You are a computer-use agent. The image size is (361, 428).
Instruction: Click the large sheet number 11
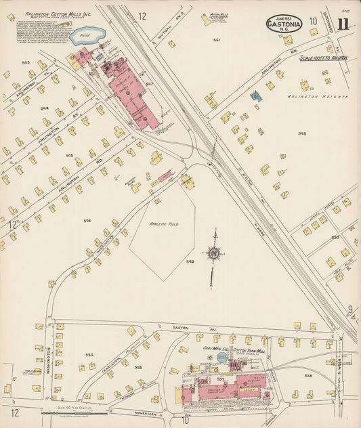(344, 24)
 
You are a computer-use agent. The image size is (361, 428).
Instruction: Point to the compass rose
(213, 254)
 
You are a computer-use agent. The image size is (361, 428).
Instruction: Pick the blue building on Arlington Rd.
(256, 96)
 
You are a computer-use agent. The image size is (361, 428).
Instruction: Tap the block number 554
(89, 354)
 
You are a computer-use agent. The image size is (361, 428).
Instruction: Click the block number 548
(302, 133)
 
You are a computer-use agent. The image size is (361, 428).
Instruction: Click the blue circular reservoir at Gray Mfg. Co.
(220, 358)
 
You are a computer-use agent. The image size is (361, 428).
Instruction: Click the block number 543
(26, 63)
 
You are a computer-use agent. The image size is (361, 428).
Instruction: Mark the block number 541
(216, 41)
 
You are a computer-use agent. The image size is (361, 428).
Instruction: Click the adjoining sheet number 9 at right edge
(350, 309)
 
